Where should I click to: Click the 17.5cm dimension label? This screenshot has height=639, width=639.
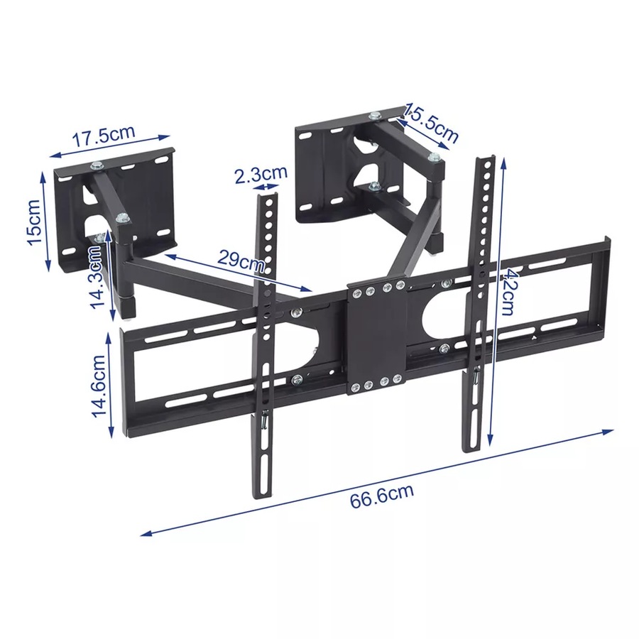102,136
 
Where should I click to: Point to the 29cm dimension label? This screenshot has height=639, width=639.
240,259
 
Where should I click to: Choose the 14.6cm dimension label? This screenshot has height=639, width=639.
99,385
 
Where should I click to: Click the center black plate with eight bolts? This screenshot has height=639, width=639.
376,338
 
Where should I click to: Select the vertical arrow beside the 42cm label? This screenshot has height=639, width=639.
502,298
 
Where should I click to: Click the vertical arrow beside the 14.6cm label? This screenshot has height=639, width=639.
111,386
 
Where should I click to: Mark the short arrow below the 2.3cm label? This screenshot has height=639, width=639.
268,187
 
